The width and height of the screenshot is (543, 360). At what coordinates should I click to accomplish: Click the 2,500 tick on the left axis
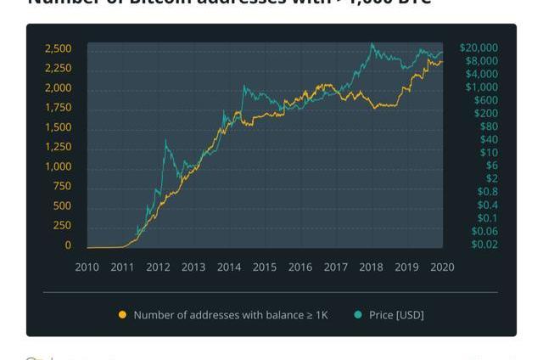(58, 48)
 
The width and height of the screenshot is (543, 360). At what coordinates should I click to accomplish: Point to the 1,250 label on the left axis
(58, 147)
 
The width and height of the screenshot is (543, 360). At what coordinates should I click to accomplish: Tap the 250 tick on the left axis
(62, 226)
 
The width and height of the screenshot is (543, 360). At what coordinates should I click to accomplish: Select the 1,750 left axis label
(58, 108)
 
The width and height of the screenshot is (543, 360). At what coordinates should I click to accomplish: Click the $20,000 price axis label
(479, 48)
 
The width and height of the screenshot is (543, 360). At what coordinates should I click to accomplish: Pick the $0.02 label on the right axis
(485, 245)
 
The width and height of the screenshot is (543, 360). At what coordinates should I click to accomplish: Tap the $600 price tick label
(485, 100)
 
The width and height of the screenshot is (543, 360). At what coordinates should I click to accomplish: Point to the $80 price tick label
(489, 127)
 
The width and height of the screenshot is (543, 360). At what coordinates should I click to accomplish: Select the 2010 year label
(87, 267)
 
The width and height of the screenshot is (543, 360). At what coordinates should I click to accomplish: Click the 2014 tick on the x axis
(229, 267)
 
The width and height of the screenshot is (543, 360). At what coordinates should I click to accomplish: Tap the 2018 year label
(371, 267)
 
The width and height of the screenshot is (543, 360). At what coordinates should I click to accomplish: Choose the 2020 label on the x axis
(442, 267)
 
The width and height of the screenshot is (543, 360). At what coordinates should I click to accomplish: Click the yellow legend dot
(122, 315)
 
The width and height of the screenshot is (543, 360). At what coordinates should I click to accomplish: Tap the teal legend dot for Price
(357, 315)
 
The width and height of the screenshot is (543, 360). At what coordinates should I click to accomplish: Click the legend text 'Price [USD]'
(396, 315)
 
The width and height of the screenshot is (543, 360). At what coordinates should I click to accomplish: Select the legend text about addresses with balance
(230, 315)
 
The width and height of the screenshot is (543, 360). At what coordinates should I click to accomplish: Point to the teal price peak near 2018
(372, 44)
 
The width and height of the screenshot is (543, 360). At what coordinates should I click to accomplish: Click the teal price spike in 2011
(165, 143)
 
